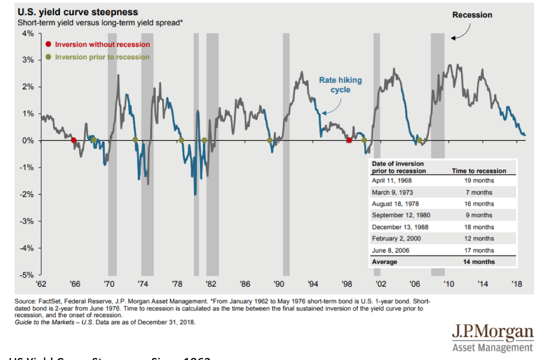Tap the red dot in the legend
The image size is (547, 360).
click(x=48, y=44)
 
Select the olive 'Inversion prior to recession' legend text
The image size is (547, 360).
click(x=102, y=57)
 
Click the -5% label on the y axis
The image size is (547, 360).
click(x=27, y=275)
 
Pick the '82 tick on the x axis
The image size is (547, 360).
click(x=211, y=284)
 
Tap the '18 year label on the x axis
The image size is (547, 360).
click(x=517, y=284)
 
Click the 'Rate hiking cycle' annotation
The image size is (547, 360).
click(x=340, y=85)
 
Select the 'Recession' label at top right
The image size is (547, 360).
click(x=472, y=15)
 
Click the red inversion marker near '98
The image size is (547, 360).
click(x=349, y=140)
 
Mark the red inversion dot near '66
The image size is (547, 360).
click(x=73, y=140)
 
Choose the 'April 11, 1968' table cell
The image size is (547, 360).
click(x=392, y=180)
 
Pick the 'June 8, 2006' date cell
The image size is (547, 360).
click(x=390, y=250)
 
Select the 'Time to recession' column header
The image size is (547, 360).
click(x=478, y=170)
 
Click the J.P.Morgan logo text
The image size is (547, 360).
click(x=494, y=331)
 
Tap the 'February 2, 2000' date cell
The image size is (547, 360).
click(x=396, y=239)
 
